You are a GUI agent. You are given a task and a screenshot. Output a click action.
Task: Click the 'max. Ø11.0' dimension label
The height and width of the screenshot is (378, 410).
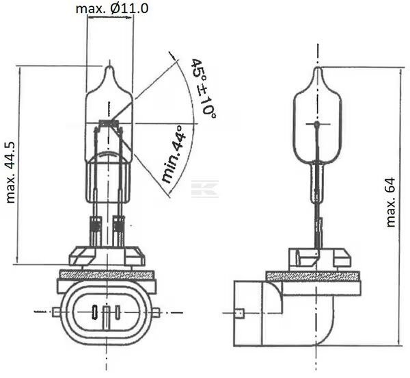pyautogui.click(x=112, y=8)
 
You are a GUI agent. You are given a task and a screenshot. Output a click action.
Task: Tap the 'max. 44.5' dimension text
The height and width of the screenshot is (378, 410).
pyautogui.click(x=11, y=173)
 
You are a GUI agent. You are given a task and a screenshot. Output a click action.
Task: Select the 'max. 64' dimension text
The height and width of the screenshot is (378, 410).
pyautogui.click(x=391, y=202)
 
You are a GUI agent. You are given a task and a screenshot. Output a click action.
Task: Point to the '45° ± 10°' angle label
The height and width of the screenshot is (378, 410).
pyautogui.click(x=204, y=88)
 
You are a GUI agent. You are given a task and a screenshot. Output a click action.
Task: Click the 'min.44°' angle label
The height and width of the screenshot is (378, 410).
pyautogui.click(x=174, y=154)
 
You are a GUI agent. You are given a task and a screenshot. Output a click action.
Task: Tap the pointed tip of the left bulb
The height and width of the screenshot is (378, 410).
pyautogui.click(x=110, y=66)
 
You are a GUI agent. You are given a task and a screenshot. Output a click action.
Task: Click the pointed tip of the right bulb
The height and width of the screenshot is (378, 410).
pyautogui.click(x=318, y=68)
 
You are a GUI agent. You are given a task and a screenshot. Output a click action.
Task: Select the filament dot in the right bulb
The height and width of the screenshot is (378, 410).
pyautogui.click(x=317, y=124)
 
